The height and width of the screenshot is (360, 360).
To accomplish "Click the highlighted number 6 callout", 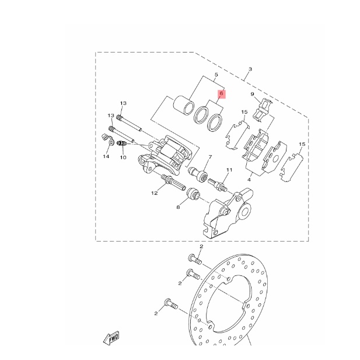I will pos(222,93).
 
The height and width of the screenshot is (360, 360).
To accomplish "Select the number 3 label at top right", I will pos(250,69).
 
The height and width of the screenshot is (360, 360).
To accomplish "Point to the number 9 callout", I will pos(252,94).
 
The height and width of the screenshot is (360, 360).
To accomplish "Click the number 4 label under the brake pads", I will pos(250,173).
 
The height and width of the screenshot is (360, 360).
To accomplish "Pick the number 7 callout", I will pos(209,158).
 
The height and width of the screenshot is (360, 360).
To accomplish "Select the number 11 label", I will pos(229,170).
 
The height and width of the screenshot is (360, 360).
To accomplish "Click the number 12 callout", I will pos(155,193).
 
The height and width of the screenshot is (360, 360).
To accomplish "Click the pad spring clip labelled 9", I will pos(266,109).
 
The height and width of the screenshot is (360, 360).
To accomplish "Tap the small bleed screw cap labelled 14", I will pos(106,138).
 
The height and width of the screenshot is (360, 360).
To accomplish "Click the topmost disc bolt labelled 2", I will pos(194,258).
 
